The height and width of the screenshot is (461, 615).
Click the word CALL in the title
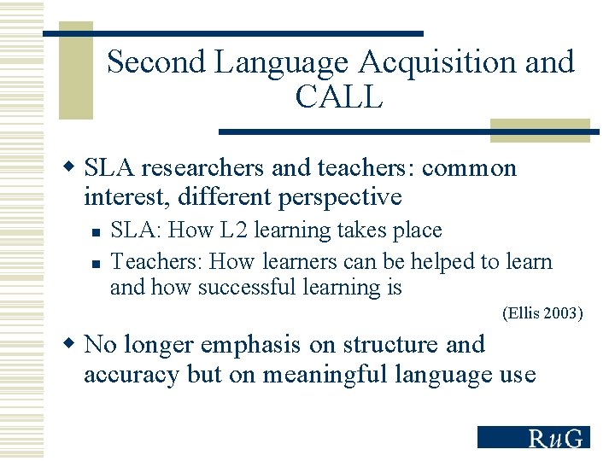(x=339, y=97)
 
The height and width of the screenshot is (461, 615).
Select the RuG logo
(x=533, y=437)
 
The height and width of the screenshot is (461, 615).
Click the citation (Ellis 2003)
(x=542, y=313)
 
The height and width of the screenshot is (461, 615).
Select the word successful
(x=248, y=288)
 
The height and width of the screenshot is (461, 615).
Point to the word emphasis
(x=250, y=345)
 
